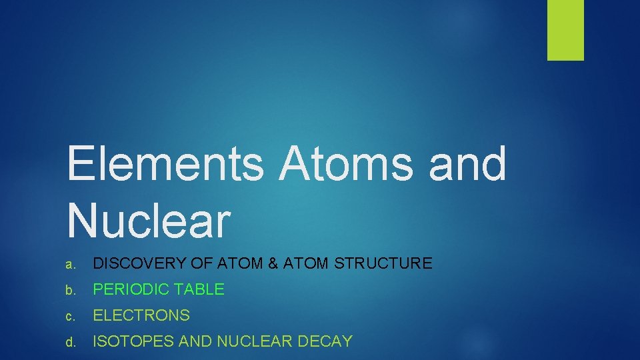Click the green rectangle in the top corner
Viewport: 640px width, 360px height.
coord(565,29)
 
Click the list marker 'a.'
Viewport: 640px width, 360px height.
coord(71,264)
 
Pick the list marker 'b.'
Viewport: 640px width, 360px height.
coord(71,290)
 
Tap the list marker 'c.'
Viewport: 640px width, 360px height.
coord(71,316)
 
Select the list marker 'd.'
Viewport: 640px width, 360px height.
coord(71,343)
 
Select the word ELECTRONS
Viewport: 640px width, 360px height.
coord(141,315)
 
